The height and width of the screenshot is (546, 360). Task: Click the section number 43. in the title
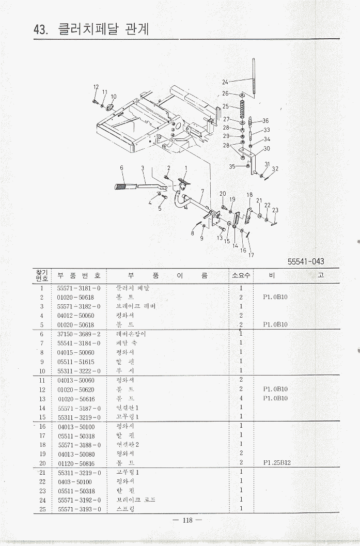[40, 29]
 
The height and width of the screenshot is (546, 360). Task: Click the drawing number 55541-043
[306, 262]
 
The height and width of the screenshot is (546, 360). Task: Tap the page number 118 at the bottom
[187, 520]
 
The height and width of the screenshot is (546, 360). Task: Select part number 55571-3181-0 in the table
[79, 288]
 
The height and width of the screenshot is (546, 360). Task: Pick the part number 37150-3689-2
[79, 334]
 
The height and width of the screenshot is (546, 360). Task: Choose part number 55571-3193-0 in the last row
[79, 509]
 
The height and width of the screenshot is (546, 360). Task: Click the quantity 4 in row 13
[241, 398]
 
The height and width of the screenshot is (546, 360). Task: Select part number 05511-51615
[76, 362]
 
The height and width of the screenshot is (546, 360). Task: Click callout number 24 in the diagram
[225, 82]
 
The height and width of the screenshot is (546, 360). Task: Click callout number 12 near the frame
[96, 87]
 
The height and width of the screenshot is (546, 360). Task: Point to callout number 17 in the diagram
[252, 255]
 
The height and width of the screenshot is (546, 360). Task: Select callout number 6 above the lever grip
[122, 167]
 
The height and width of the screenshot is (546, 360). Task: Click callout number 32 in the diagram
[275, 169]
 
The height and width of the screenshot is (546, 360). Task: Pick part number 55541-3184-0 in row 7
[79, 343]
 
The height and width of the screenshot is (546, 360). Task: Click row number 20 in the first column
[42, 463]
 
